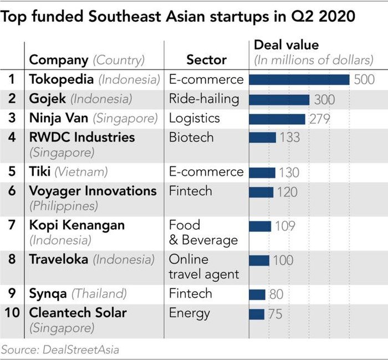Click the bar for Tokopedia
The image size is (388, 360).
299,79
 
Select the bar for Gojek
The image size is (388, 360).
279,99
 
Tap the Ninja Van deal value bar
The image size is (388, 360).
277,119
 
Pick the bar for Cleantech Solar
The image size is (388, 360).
257,314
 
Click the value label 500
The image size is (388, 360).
364,79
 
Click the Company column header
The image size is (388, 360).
58,60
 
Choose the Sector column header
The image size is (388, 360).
206,60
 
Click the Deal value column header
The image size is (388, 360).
286,45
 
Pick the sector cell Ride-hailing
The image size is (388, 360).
204,99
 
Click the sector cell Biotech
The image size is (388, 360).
191,137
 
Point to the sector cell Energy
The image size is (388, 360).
190,313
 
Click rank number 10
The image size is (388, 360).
12,313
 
